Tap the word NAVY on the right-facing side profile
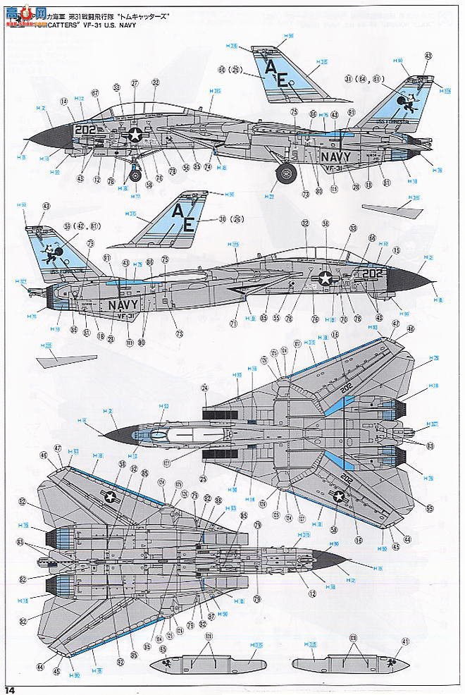coord(124,305)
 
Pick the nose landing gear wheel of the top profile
coord(135,170)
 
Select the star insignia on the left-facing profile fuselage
coord(135,135)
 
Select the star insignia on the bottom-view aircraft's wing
coord(111,498)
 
